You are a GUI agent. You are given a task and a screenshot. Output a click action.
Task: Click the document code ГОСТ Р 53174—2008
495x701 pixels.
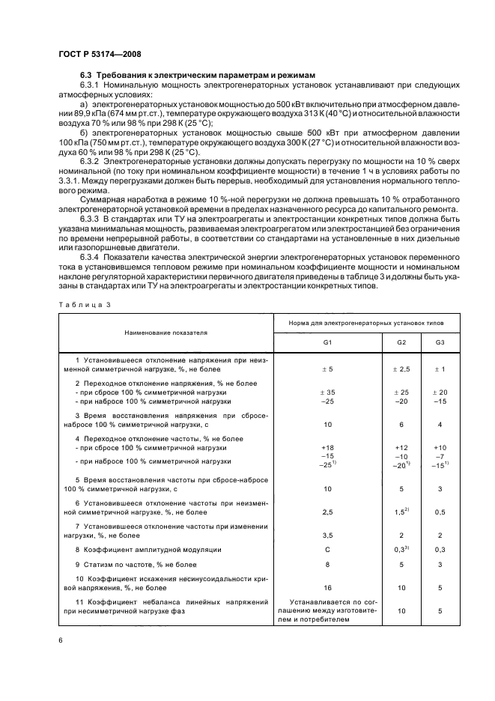click(x=99, y=54)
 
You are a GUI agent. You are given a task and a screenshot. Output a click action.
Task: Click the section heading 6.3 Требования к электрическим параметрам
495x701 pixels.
click(x=198, y=76)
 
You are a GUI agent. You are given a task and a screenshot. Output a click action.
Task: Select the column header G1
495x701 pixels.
click(x=327, y=342)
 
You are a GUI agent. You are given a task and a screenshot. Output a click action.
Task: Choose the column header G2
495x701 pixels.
click(x=401, y=342)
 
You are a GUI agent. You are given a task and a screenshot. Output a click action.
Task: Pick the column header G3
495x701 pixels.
click(x=439, y=342)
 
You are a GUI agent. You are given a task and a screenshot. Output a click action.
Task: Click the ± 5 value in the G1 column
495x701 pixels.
click(x=327, y=368)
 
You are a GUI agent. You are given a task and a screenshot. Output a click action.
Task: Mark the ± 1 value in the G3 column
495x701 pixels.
click(x=439, y=368)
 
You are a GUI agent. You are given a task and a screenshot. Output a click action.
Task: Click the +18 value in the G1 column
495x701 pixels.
click(x=327, y=446)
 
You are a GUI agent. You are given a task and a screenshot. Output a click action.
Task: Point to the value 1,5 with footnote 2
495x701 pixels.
click(x=400, y=512)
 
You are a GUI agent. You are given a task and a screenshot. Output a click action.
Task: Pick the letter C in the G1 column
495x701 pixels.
click(x=327, y=549)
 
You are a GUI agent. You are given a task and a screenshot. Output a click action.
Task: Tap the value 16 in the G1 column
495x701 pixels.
click(x=327, y=588)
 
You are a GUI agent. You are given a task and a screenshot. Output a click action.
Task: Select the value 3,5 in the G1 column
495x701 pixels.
click(x=327, y=535)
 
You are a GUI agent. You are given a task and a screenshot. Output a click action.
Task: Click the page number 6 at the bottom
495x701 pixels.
click(x=60, y=640)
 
